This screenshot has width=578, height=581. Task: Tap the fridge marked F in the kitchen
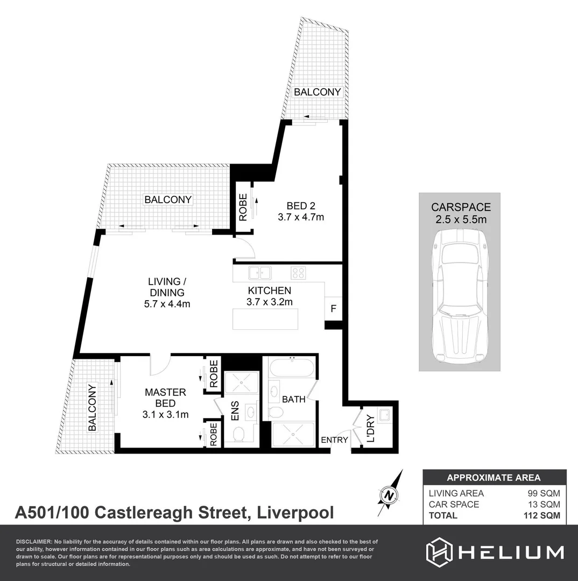click(x=333, y=309)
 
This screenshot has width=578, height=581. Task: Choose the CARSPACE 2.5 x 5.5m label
click(x=461, y=212)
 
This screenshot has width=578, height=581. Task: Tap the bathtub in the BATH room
click(x=290, y=370)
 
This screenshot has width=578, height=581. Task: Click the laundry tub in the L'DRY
click(x=384, y=415)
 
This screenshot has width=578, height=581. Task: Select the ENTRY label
click(x=334, y=440)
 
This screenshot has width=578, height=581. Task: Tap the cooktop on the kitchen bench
click(x=298, y=273)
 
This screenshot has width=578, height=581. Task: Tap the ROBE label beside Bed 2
click(x=243, y=207)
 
